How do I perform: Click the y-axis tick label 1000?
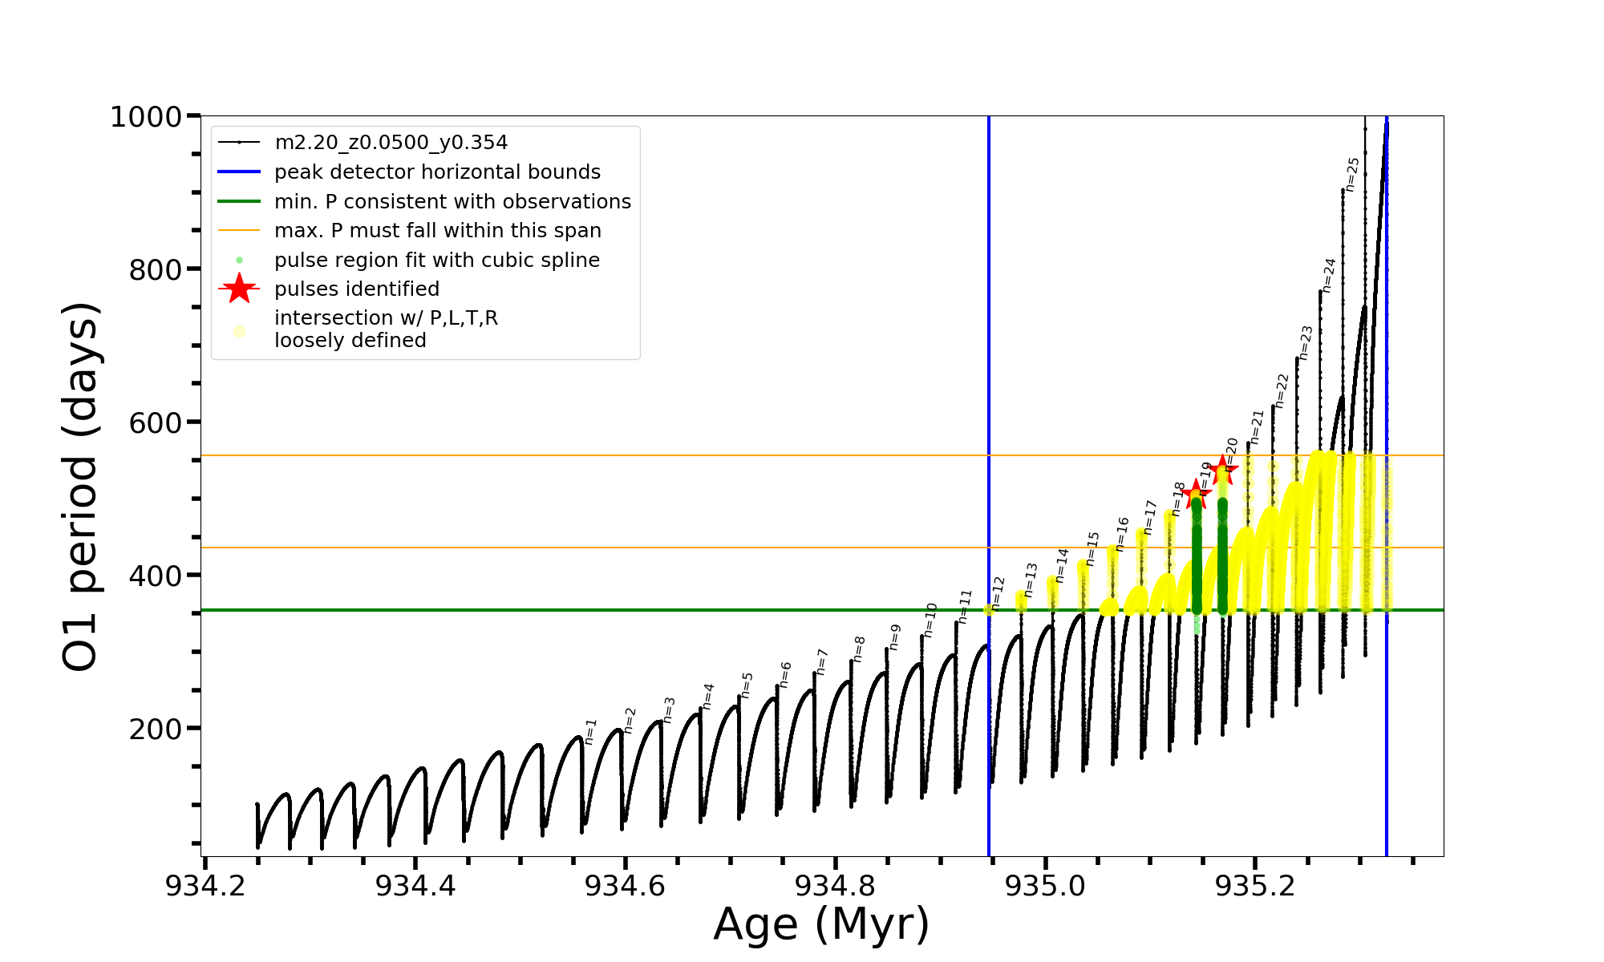click(146, 117)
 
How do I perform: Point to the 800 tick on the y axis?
click(156, 270)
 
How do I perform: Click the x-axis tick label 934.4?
click(415, 886)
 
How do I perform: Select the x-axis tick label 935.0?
click(1046, 886)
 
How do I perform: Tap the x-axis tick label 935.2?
click(1255, 886)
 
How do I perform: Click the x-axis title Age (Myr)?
click(821, 924)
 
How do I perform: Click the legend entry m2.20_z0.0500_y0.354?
click(391, 143)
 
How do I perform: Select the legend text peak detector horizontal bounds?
click(437, 172)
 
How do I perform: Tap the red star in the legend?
click(239, 289)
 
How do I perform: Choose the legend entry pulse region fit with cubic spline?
click(436, 261)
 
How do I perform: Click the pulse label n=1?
click(591, 732)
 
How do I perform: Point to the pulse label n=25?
click(1353, 174)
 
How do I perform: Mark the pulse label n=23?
click(1306, 342)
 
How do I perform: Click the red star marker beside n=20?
click(1222, 470)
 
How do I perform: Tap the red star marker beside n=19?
click(1195, 494)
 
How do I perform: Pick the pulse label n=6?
click(786, 674)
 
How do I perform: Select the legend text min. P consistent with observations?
click(452, 202)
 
